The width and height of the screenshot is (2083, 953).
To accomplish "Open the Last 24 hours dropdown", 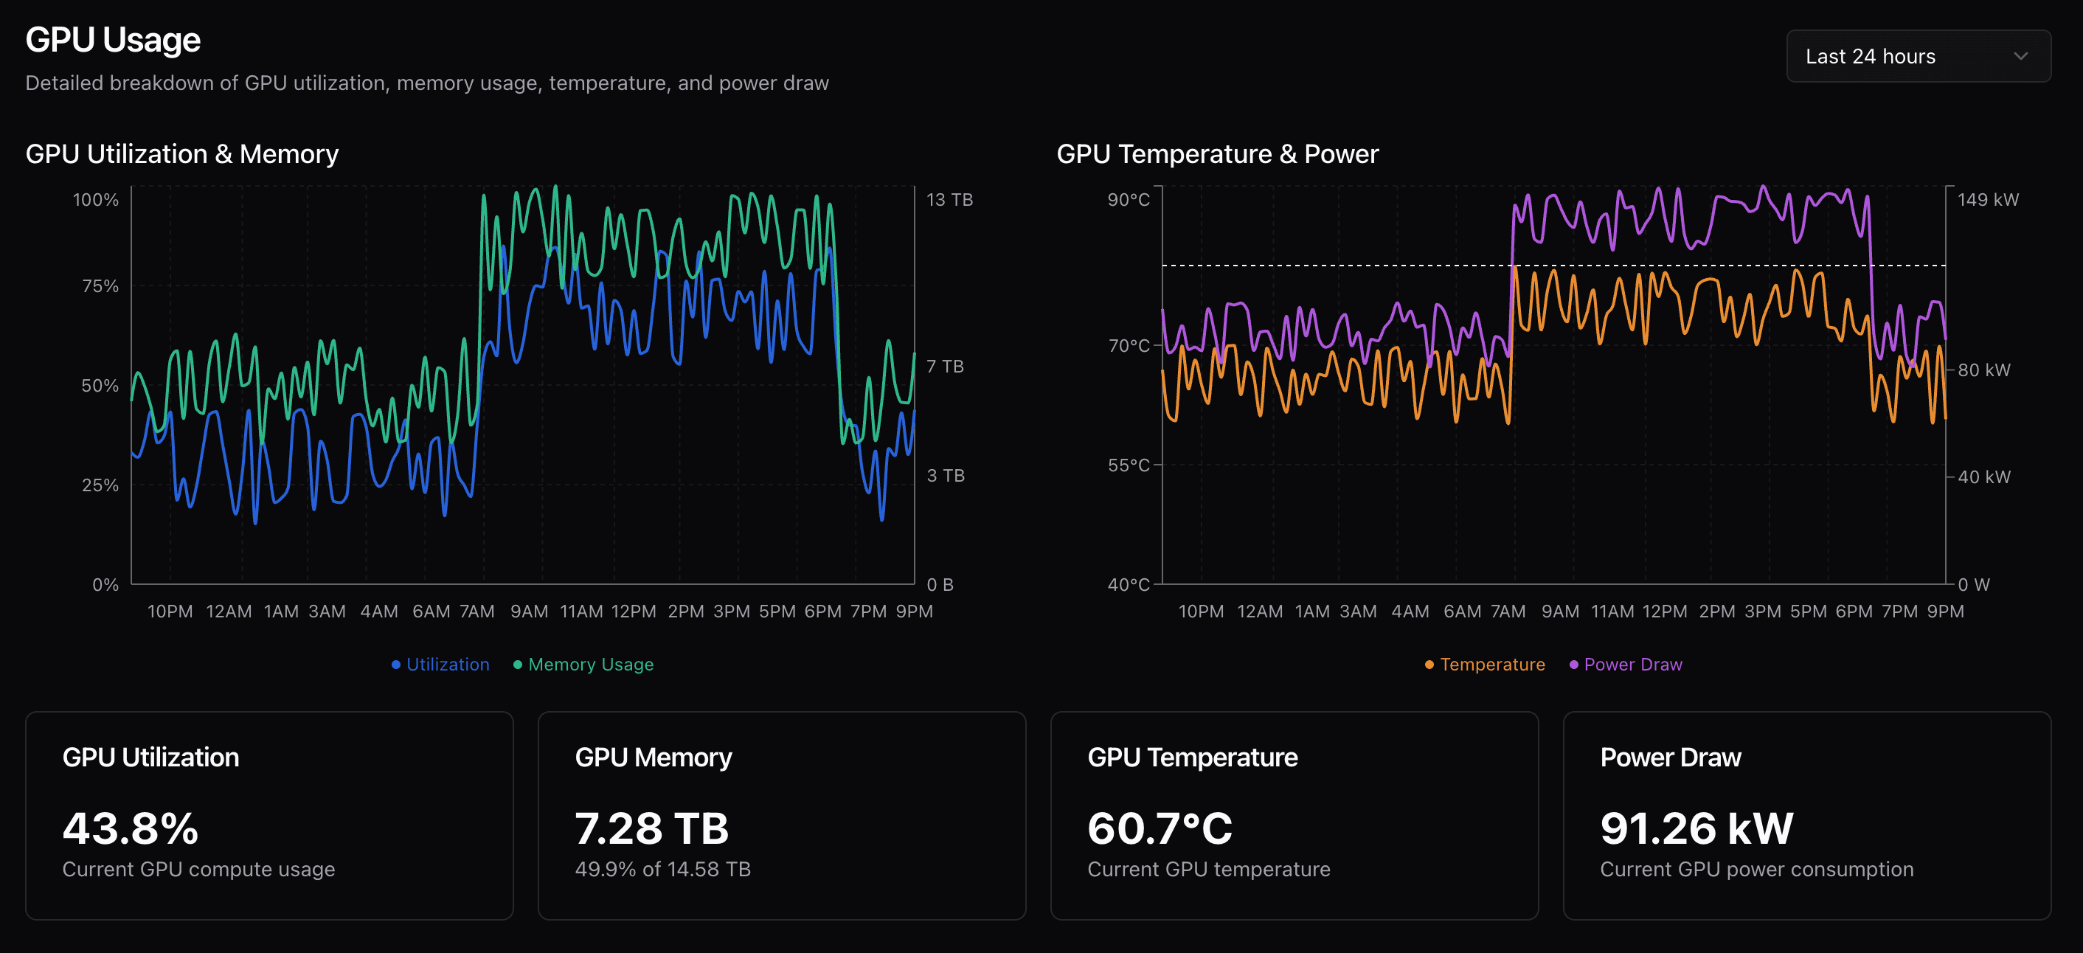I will pyautogui.click(x=1917, y=57).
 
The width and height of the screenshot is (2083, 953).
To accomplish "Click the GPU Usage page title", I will pyautogui.click(x=112, y=40).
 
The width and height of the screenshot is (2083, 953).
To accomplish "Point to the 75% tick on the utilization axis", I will pyautogui.click(x=100, y=286).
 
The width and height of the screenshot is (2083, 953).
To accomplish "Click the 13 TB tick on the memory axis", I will pyautogui.click(x=949, y=200).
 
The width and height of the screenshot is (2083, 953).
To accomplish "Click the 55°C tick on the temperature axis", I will pyautogui.click(x=1128, y=465).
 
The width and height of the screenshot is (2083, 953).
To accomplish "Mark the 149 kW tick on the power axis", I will pyautogui.click(x=1988, y=200).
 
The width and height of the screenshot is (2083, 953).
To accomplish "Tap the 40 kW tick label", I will pyautogui.click(x=1983, y=477).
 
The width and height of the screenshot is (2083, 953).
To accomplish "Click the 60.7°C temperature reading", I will pyautogui.click(x=1160, y=828).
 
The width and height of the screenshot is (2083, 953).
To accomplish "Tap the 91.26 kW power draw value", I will pyautogui.click(x=1696, y=828).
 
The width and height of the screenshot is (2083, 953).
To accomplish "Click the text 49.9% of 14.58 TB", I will pyautogui.click(x=662, y=870).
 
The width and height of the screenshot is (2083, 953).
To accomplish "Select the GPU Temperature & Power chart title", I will pyautogui.click(x=1217, y=154).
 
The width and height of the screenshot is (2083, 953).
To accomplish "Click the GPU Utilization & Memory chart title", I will pyautogui.click(x=182, y=154).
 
